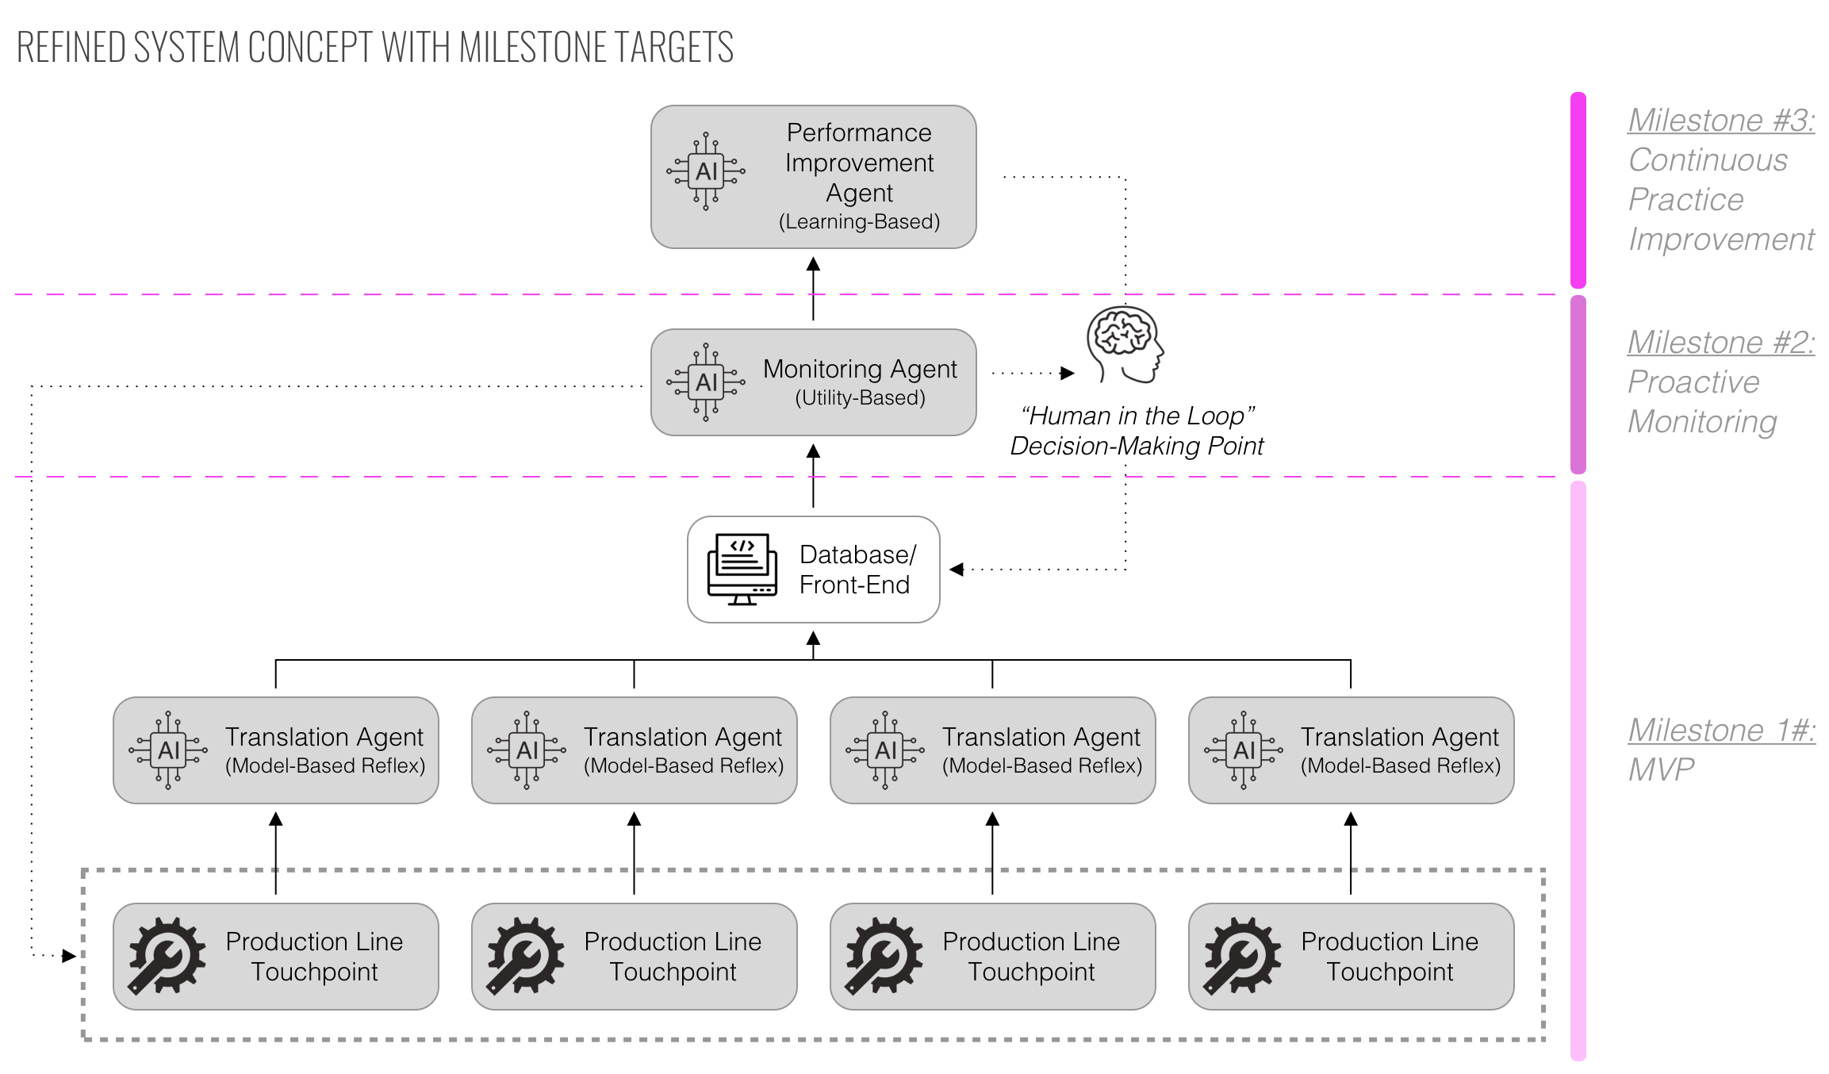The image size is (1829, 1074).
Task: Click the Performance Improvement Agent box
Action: click(x=813, y=177)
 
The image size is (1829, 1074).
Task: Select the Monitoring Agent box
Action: click(x=813, y=382)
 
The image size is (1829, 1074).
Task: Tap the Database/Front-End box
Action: click(x=813, y=570)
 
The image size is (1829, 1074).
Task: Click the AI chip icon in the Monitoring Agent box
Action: click(x=706, y=382)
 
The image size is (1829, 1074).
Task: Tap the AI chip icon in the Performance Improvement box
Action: click(x=706, y=171)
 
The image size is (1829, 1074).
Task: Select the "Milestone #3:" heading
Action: click(x=1721, y=121)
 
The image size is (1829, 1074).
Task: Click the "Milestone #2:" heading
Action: click(x=1721, y=343)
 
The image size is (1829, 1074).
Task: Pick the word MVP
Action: click(x=1661, y=769)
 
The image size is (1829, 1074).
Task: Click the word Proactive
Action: click(x=1693, y=382)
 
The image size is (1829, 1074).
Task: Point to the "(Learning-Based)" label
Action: click(x=859, y=221)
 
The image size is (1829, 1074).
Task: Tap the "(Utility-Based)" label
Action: click(x=860, y=397)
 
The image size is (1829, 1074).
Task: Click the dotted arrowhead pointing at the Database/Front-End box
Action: click(x=957, y=570)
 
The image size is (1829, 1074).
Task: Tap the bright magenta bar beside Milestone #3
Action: click(x=1578, y=190)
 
